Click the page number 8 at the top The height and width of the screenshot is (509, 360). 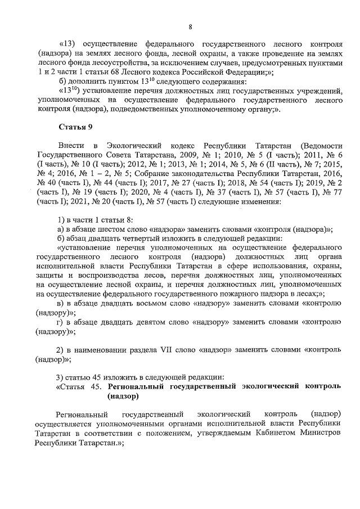coord(190,26)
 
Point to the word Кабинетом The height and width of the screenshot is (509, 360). coord(274,434)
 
